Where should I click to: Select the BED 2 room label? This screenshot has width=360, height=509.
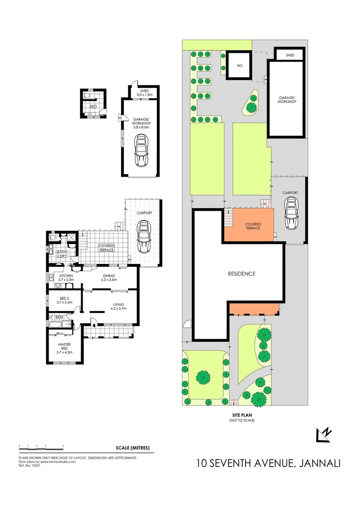(x=64, y=300)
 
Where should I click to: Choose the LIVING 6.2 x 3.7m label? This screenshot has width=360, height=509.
(x=118, y=306)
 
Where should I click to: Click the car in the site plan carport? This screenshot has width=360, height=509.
(x=292, y=213)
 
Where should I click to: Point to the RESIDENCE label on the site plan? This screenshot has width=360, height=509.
(x=242, y=273)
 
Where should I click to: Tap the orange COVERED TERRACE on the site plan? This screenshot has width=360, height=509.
(x=249, y=226)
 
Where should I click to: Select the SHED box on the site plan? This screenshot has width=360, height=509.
(x=290, y=56)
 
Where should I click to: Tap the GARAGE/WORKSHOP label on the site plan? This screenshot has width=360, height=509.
(x=287, y=99)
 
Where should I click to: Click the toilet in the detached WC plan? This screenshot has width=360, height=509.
(x=87, y=96)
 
